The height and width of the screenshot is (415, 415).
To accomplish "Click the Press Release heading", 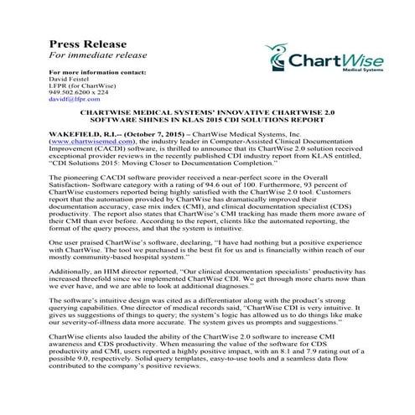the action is pyautogui.click(x=88, y=44).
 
